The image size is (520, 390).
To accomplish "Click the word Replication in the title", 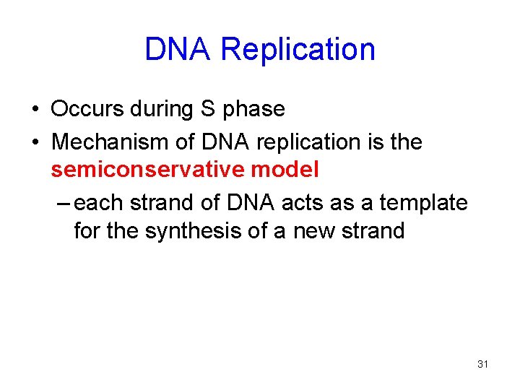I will pos(298,50).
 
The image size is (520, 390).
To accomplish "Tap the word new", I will pos(316,233).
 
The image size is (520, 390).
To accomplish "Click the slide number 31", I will pos(483,364).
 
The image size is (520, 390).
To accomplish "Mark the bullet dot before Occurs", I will pos(35,110).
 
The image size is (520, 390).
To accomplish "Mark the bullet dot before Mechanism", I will pos(35,143).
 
